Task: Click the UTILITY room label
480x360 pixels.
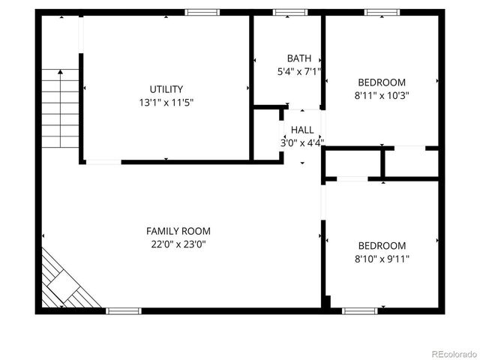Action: coord(166,89)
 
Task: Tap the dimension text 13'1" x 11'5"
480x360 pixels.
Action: coord(166,102)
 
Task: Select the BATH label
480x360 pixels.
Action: coord(298,58)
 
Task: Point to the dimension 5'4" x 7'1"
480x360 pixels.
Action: coord(298,72)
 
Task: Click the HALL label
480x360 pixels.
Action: coord(303,130)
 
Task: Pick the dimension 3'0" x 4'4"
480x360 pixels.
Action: coord(303,142)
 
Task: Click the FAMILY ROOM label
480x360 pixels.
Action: coord(178,232)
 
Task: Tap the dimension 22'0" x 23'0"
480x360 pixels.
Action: coord(178,244)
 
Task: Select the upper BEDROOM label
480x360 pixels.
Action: coord(382,82)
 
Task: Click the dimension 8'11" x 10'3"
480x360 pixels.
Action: coord(382,95)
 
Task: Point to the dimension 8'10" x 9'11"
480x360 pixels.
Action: coord(382,259)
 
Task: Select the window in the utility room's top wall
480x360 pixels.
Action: coord(202,12)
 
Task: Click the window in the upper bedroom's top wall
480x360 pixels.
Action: coord(382,12)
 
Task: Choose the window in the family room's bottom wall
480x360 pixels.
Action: coord(123,310)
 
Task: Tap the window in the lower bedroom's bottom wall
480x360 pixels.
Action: coord(360,310)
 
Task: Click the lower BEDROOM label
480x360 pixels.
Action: coord(382,246)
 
